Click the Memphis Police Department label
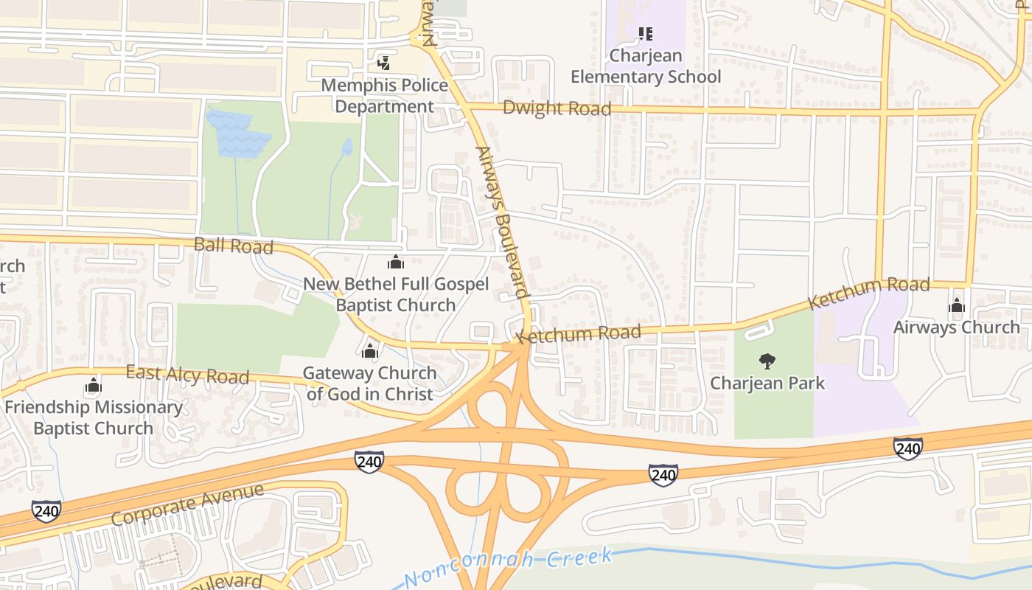(x=384, y=96)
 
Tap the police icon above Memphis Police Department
(x=383, y=63)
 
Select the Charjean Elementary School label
(x=646, y=66)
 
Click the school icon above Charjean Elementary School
(x=646, y=33)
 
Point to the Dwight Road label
(x=557, y=108)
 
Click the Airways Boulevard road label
(x=503, y=221)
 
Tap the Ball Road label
(x=233, y=245)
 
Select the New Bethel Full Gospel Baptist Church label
(x=396, y=294)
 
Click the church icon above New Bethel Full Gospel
(x=396, y=262)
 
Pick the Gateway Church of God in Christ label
(x=370, y=383)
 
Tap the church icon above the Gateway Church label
(x=370, y=351)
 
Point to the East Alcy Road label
(x=186, y=375)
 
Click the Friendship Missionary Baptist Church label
(x=94, y=417)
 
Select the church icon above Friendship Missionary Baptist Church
(x=93, y=385)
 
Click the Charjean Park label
(x=767, y=383)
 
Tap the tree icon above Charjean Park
(x=767, y=361)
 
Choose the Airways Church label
(x=956, y=327)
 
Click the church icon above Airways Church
(x=957, y=305)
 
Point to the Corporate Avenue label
(x=187, y=504)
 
